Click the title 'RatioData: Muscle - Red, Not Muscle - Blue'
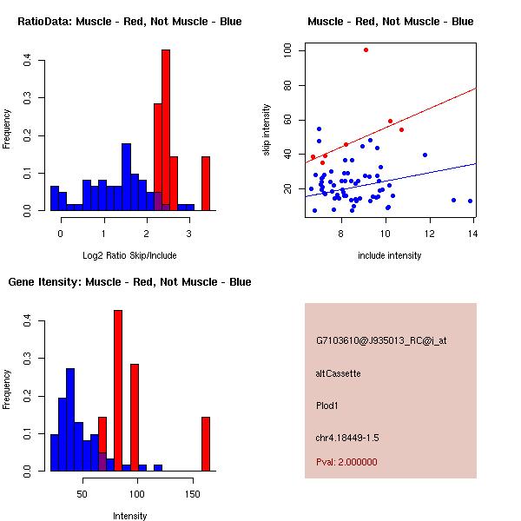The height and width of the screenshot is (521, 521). point(129,21)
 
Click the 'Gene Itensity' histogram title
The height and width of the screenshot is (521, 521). point(129,282)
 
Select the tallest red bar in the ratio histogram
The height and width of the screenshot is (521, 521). point(166,130)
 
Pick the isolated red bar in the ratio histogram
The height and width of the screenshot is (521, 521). point(206,183)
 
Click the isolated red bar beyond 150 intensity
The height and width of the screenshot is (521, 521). point(206,444)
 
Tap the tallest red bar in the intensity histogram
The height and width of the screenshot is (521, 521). point(118,391)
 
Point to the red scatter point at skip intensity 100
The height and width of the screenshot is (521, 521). point(366,49)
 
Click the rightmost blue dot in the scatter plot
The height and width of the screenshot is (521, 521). point(470,201)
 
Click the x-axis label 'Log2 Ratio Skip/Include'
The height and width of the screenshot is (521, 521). point(129,255)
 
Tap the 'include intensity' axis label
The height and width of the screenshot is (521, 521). point(390,255)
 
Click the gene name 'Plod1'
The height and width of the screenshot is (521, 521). point(326,405)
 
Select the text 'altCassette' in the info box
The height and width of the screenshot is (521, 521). point(338,373)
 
